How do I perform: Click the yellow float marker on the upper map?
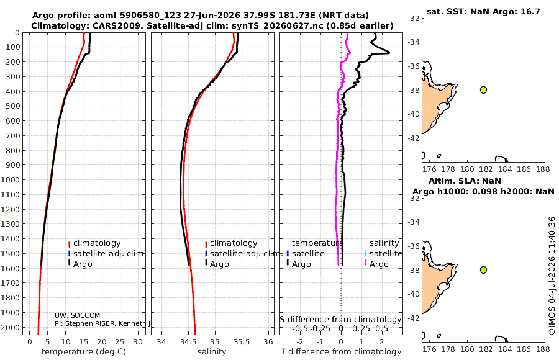coord(483,90)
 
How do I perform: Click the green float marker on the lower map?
coord(483,270)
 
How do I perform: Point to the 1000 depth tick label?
coord(10,179)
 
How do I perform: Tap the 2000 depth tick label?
coord(10,327)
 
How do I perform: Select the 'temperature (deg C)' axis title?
coord(84,352)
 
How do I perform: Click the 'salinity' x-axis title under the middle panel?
coord(212,352)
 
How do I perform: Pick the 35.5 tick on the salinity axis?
coord(242,342)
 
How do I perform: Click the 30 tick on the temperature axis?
coord(138,342)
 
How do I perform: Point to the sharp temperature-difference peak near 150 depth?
coord(388,53)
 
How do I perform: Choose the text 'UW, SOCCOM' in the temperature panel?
coord(77,315)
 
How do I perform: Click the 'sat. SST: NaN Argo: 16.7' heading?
coord(483,11)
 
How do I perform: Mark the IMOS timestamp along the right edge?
coord(552,276)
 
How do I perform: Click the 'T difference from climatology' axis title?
coord(341,352)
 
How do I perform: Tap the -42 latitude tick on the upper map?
coord(413,138)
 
